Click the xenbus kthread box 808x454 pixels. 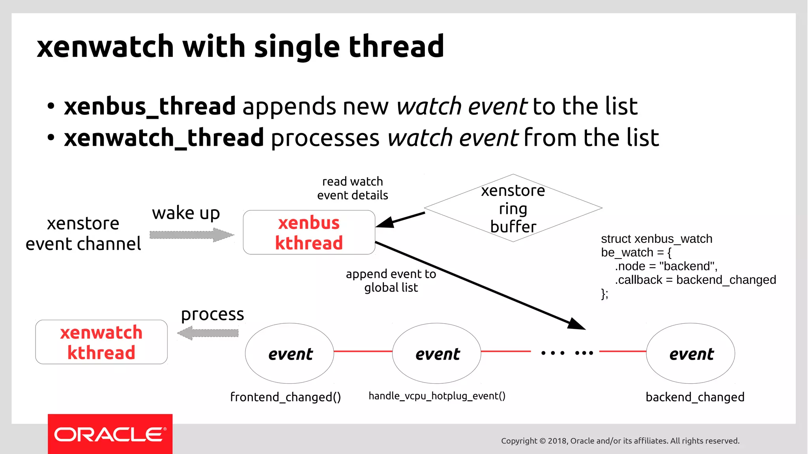coord(309,233)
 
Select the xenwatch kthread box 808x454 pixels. coord(101,342)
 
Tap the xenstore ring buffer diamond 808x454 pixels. coord(513,208)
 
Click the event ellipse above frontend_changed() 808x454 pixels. coord(290,353)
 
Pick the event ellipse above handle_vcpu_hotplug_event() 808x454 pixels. coord(437,353)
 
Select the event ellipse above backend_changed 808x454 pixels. coord(690,353)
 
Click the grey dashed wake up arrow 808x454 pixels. coord(191,235)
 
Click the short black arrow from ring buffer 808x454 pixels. coord(400,220)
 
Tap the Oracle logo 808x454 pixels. coord(110,434)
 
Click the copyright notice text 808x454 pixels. coord(620,441)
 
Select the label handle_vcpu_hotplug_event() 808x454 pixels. coord(437,396)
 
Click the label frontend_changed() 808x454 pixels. coord(285,397)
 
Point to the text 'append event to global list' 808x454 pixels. coord(391,281)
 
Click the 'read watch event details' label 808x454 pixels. coord(352,188)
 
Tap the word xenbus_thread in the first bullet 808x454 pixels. coord(150,106)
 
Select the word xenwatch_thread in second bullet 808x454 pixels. coord(164,138)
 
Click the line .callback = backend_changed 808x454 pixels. coord(695,280)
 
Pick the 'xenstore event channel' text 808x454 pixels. coord(83,234)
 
